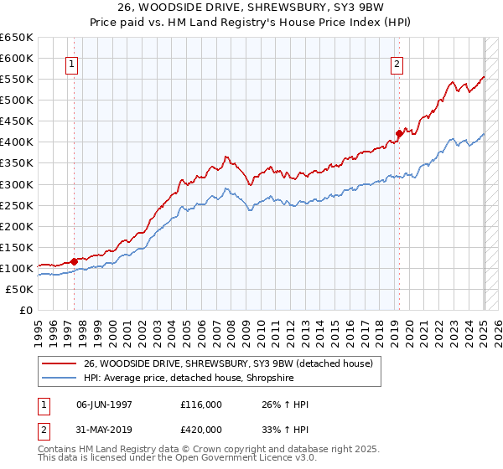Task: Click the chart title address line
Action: coord(251,9)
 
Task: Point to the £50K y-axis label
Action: coord(18,289)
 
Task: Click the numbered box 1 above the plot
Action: coord(71,63)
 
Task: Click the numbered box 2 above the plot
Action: coord(396,63)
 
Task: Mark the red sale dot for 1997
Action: coord(74,261)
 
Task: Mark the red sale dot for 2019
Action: coord(399,133)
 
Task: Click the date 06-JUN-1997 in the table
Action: coord(103,405)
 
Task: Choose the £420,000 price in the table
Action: coord(200,428)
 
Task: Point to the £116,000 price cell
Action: coord(200,405)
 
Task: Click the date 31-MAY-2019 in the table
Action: coord(103,428)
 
